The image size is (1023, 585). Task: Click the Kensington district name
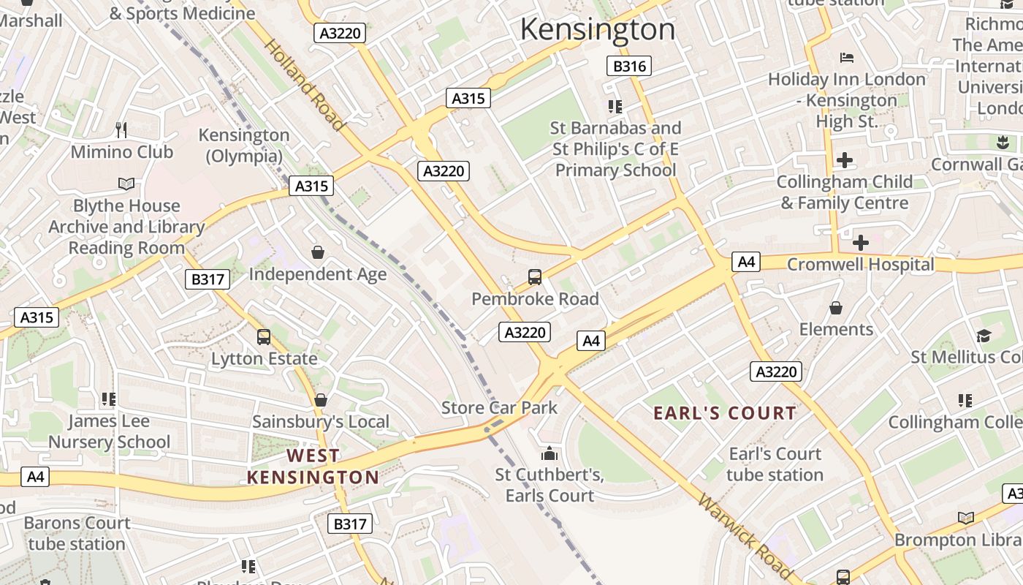597,29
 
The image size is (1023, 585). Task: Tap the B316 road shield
628,67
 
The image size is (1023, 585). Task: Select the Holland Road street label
303,84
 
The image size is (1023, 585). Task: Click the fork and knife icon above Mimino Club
121,130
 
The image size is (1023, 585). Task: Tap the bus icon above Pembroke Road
535,277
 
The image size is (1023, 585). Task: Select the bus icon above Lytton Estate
264,337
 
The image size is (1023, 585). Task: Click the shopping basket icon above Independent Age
318,252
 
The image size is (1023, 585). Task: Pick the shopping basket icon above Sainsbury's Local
320,400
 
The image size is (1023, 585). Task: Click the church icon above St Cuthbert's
549,453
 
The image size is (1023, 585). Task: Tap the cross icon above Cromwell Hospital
860,242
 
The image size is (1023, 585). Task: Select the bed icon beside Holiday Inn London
846,58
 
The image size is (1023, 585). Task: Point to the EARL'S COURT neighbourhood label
724,413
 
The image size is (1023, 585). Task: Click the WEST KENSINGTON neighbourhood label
313,467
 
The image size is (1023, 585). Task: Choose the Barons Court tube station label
77,533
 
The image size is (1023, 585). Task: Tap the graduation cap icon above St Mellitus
984,336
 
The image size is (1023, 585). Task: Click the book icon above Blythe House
126,184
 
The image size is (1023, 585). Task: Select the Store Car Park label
499,408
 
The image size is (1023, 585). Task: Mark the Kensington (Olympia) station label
244,146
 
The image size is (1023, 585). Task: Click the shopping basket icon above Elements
835,308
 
